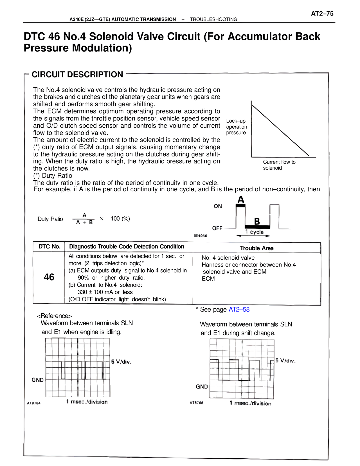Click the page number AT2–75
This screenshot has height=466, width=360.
[x=322, y=14]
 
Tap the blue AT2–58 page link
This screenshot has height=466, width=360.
[x=239, y=310]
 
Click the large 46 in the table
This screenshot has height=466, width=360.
[x=49, y=277]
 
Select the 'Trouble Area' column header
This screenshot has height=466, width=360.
[x=256, y=248]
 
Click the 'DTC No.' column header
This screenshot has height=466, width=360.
[x=49, y=247]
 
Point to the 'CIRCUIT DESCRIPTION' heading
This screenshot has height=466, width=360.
[x=77, y=75]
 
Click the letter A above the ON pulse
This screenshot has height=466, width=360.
[x=241, y=200]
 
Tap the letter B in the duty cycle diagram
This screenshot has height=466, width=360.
[x=257, y=222]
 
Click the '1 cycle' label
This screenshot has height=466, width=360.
[x=254, y=232]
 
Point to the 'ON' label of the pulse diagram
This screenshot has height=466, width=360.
[x=218, y=206]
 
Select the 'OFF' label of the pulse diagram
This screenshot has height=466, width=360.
[x=217, y=228]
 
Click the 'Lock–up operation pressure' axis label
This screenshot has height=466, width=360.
[x=237, y=127]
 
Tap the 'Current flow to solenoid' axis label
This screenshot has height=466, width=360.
[x=279, y=165]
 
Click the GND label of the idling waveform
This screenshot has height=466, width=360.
[x=37, y=380]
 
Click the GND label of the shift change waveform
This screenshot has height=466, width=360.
[x=202, y=387]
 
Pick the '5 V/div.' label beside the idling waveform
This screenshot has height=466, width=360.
[x=121, y=362]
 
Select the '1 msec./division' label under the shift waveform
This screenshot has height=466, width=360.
[x=250, y=403]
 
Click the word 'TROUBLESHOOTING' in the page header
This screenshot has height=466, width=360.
[x=213, y=19]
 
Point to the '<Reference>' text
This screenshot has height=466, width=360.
[x=54, y=316]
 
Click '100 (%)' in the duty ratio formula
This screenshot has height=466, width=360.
[x=120, y=219]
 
